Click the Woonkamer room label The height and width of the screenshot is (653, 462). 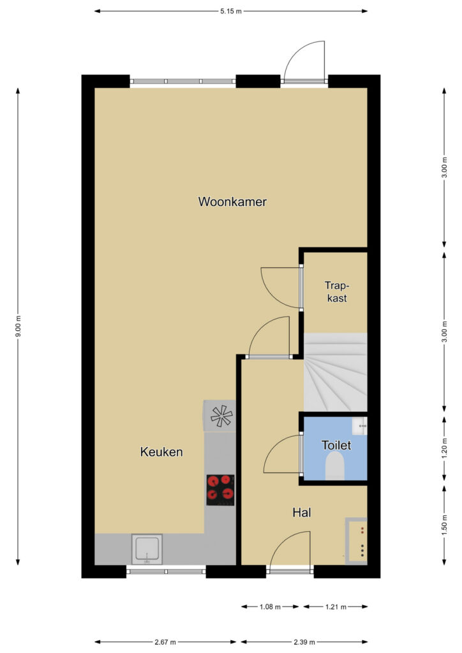(232, 202)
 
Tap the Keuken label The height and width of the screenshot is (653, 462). (161, 452)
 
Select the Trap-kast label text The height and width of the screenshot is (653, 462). (336, 291)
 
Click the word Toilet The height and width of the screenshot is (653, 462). (336, 445)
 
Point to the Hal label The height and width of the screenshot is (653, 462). (302, 512)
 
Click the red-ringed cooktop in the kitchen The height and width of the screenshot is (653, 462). (220, 490)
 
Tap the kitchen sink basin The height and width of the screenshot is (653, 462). (147, 549)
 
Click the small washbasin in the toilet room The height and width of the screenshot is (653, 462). (359, 427)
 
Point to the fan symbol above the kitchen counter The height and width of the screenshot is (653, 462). (220, 416)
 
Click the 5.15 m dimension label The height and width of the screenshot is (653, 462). (231, 11)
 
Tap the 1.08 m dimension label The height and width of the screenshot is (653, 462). (270, 607)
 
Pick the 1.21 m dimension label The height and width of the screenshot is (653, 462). (336, 607)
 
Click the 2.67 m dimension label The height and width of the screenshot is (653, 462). (165, 642)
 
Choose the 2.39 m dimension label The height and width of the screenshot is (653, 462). (304, 642)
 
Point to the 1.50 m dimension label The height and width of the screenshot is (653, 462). (444, 525)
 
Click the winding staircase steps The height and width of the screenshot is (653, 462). (336, 372)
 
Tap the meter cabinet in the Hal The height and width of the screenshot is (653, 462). (356, 541)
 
